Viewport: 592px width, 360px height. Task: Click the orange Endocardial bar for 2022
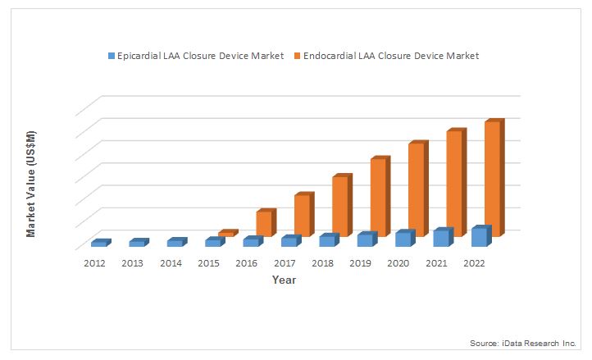pyautogui.click(x=493, y=179)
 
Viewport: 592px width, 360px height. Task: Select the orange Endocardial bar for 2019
pyautogui.click(x=378, y=197)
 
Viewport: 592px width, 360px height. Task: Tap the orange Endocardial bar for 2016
pyautogui.click(x=264, y=223)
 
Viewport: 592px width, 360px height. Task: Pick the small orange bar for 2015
pyautogui.click(x=225, y=234)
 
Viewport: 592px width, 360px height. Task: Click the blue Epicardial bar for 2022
pyautogui.click(x=479, y=237)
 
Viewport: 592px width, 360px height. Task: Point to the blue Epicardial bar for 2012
pyautogui.click(x=98, y=244)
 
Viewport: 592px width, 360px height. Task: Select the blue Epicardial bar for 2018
pyautogui.click(x=326, y=241)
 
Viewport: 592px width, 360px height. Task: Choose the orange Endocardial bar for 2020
pyautogui.click(x=417, y=189)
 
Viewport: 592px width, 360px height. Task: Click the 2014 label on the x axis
pyautogui.click(x=171, y=263)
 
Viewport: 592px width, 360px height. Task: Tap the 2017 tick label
pyautogui.click(x=285, y=263)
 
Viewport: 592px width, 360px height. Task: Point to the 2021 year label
pyautogui.click(x=436, y=263)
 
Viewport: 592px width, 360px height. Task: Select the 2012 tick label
pyautogui.click(x=95, y=263)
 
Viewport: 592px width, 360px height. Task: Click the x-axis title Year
pyautogui.click(x=285, y=280)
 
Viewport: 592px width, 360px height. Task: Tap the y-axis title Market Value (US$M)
pyautogui.click(x=31, y=184)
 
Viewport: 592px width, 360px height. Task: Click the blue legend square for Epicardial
pyautogui.click(x=112, y=56)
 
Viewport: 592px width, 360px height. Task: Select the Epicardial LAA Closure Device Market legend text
pyautogui.click(x=201, y=56)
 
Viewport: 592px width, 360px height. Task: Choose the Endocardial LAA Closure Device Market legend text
pyautogui.click(x=390, y=56)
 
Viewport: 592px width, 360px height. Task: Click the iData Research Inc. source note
pyautogui.click(x=523, y=342)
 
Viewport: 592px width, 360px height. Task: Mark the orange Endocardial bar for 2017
pyautogui.click(x=302, y=215)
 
